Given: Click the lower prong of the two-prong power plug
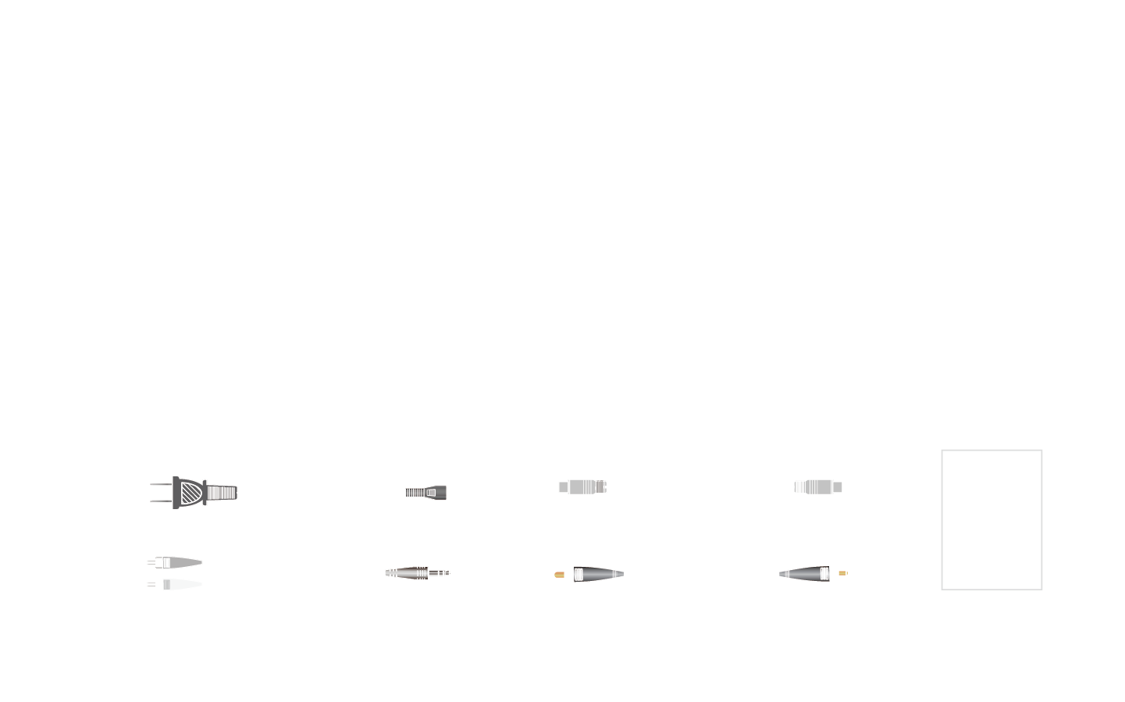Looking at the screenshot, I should pyautogui.click(x=160, y=501).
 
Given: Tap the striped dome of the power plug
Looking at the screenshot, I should pyautogui.click(x=191, y=493).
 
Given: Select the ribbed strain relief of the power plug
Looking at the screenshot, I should pyautogui.click(x=222, y=493).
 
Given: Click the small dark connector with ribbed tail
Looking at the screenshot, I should pyautogui.click(x=425, y=493).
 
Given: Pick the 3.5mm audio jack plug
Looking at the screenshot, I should pyautogui.click(x=414, y=573).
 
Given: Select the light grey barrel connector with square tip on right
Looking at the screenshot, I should pyautogui.click(x=817, y=487).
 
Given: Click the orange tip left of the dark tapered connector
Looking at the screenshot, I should pyautogui.click(x=559, y=575).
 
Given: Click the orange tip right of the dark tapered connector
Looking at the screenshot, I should pyautogui.click(x=843, y=573).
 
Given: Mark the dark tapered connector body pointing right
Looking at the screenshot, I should pyautogui.click(x=598, y=575).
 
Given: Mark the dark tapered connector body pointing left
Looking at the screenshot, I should pyautogui.click(x=805, y=574).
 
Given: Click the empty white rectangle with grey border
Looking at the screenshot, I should pyautogui.click(x=991, y=519).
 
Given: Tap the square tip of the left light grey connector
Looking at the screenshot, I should pyautogui.click(x=563, y=487).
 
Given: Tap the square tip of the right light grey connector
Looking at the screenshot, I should pyautogui.click(x=838, y=487).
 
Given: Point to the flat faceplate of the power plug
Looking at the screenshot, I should pyautogui.click(x=176, y=493).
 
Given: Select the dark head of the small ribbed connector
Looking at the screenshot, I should pyautogui.click(x=436, y=493).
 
